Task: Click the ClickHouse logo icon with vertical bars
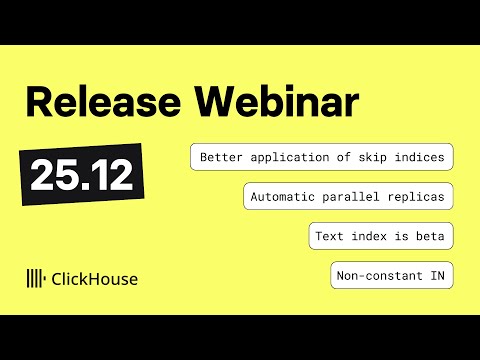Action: click(x=36, y=278)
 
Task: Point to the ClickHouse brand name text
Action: click(x=95, y=278)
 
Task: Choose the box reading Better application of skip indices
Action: click(x=323, y=157)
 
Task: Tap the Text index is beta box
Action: click(x=383, y=236)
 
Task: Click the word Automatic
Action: click(x=283, y=196)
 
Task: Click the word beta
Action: click(x=434, y=236)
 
